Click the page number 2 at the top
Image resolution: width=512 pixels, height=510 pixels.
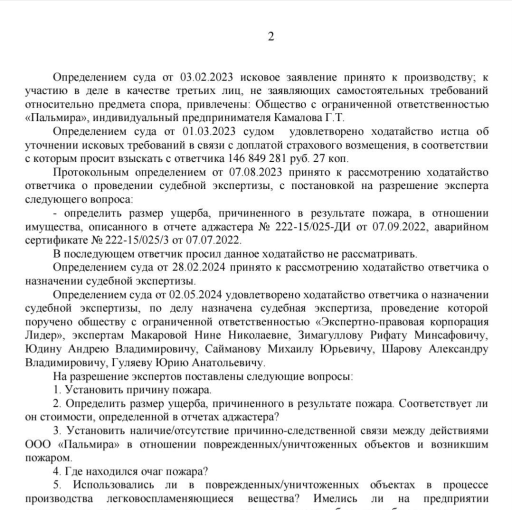click(x=271, y=37)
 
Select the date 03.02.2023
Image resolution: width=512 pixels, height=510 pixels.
click(x=203, y=77)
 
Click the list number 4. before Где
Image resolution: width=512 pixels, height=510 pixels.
click(x=56, y=470)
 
